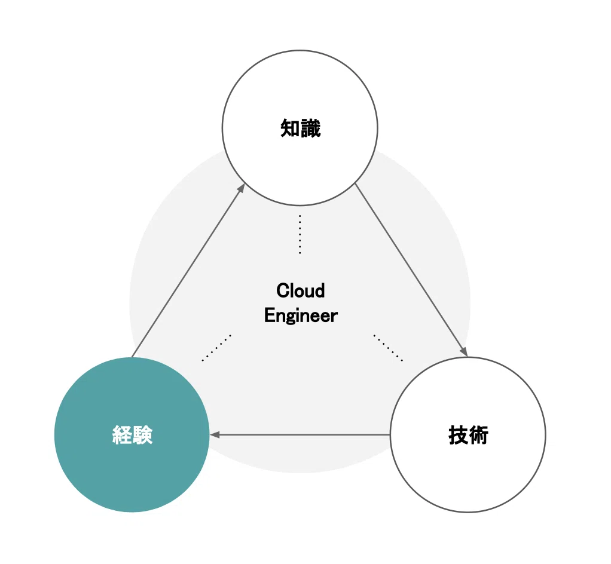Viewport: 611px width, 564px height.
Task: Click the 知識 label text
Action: (x=301, y=128)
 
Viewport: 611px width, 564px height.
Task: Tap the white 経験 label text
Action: (x=133, y=435)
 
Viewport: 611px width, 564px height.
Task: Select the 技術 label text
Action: (x=468, y=435)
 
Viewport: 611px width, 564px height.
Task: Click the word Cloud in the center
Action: (x=301, y=290)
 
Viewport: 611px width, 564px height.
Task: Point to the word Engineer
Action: (x=301, y=315)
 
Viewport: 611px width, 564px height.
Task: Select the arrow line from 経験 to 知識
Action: (x=188, y=270)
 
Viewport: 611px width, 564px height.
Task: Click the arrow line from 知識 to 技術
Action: (x=411, y=270)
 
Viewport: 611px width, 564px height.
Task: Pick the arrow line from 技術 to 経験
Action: (x=300, y=434)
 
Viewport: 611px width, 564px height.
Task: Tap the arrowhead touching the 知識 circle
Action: (x=242, y=188)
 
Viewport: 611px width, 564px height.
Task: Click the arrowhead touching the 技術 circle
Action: (x=464, y=351)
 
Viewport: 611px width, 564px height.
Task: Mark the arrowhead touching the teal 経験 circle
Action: (x=214, y=434)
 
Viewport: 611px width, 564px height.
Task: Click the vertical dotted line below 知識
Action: (x=300, y=234)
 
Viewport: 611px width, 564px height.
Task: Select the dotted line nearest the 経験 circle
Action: (x=216, y=348)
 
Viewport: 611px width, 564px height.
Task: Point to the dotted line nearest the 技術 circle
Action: (x=388, y=348)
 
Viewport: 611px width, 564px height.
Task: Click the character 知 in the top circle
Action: (x=290, y=128)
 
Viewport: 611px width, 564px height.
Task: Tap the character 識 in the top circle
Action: (x=311, y=128)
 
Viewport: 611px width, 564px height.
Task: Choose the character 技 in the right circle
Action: (x=458, y=435)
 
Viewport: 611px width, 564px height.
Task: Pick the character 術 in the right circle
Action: (x=479, y=435)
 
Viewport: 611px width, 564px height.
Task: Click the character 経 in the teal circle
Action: (x=123, y=435)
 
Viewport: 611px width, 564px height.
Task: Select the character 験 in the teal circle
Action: (x=143, y=435)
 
